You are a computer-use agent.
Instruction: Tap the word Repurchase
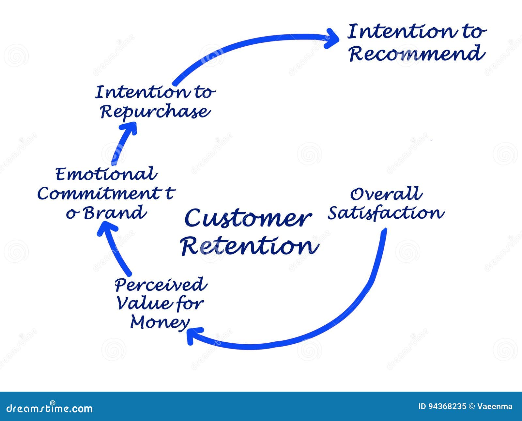click(x=155, y=112)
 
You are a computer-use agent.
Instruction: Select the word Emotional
click(x=106, y=174)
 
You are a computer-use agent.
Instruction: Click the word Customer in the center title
click(x=248, y=218)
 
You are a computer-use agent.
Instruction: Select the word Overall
click(x=386, y=194)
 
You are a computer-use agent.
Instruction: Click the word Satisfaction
click(x=386, y=213)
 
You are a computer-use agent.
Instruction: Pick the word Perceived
click(x=161, y=285)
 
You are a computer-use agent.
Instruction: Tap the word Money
click(x=160, y=322)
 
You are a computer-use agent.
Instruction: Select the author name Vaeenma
click(x=495, y=407)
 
